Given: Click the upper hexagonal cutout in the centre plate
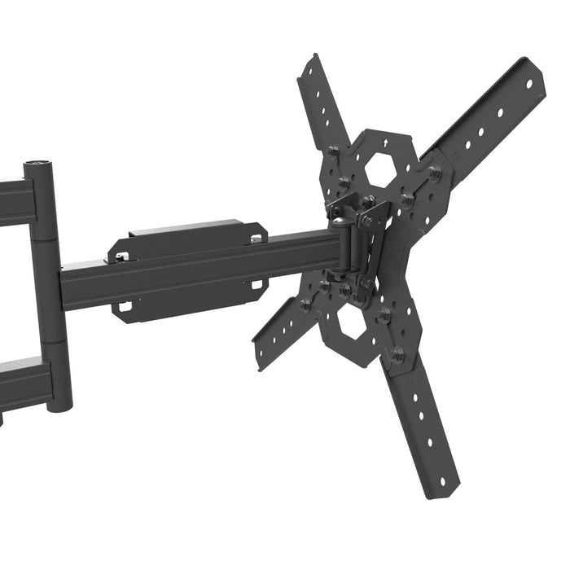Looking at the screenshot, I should coord(379,170).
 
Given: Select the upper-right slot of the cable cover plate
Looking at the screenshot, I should coord(257,239).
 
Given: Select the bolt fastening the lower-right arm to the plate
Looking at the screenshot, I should coord(397,355).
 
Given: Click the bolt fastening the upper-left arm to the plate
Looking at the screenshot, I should coord(333,151).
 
